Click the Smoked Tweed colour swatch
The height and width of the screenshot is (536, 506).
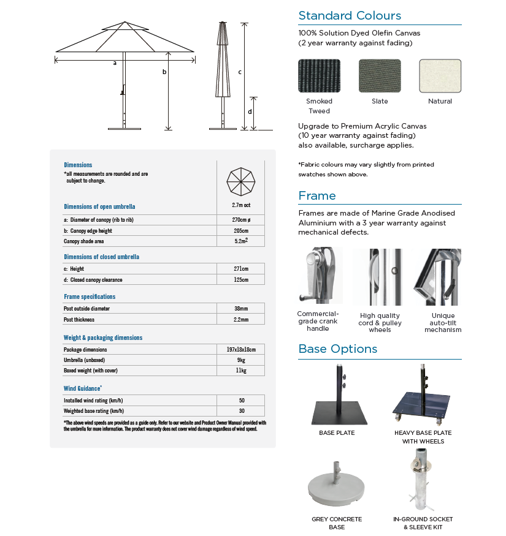point(319,76)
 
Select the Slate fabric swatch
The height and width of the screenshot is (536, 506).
point(380,76)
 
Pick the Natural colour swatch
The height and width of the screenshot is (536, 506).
point(440,76)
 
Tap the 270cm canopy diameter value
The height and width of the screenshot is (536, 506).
point(241,220)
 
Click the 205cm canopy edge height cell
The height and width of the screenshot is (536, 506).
point(241,231)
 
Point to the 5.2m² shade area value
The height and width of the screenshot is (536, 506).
point(241,241)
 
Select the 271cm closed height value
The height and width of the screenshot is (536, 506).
point(241,269)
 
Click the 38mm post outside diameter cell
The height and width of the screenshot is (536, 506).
point(241,309)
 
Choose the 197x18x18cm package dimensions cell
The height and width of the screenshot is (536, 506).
point(241,349)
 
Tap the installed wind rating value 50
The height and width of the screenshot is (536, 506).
point(241,400)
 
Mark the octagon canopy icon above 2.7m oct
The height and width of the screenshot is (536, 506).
point(241,181)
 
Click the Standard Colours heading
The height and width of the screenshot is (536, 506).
point(350,16)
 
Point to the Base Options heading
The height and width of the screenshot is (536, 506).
point(337,349)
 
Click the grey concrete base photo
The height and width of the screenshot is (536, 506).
point(336,488)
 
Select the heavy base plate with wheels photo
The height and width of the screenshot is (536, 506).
point(423,398)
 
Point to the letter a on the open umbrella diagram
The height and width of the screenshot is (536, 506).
point(115,63)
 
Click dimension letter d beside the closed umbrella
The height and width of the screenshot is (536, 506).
point(250,111)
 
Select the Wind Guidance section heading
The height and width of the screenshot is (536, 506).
point(82,388)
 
